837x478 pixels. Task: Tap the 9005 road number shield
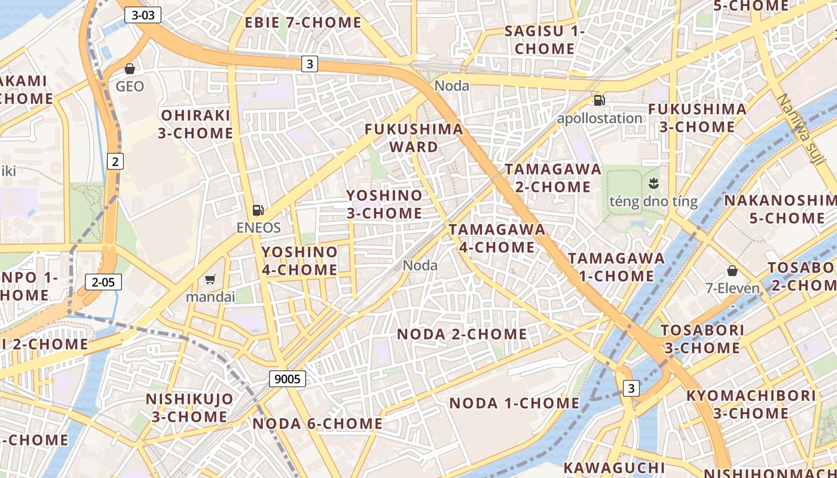click(x=288, y=378)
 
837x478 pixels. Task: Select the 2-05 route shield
click(x=103, y=282)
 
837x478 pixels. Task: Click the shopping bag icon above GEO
click(x=130, y=69)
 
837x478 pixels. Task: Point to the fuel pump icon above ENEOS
click(x=258, y=210)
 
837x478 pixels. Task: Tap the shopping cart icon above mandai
click(x=210, y=279)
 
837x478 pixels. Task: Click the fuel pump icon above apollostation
click(x=599, y=100)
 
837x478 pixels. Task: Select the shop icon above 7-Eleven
click(x=732, y=271)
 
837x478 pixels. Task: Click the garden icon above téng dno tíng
click(x=653, y=183)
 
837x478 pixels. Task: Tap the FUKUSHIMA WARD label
click(x=414, y=137)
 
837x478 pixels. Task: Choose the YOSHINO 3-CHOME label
click(x=384, y=204)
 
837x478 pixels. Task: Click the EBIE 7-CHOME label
click(x=303, y=23)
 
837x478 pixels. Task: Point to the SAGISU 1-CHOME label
click(x=544, y=40)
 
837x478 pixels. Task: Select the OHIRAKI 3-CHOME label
click(x=195, y=124)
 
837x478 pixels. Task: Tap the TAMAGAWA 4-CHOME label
click(x=497, y=238)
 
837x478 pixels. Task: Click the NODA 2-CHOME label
click(x=462, y=334)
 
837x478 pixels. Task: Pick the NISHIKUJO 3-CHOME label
click(x=190, y=407)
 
